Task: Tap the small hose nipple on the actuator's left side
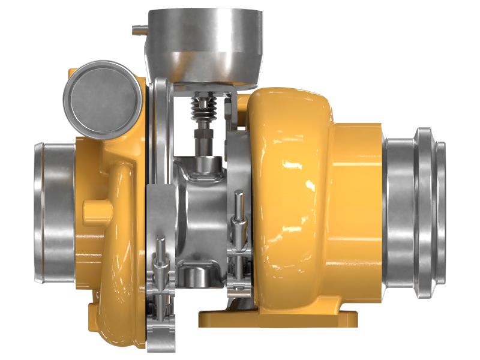click(137, 27)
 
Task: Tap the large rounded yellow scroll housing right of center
click(288, 198)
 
